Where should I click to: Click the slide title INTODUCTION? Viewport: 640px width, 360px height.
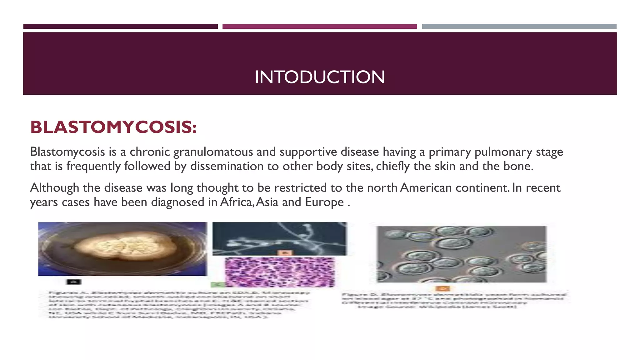pyautogui.click(x=320, y=77)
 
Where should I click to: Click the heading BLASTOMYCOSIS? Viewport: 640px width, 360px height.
pyautogui.click(x=113, y=127)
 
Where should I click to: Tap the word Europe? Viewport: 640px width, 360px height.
pyautogui.click(x=324, y=202)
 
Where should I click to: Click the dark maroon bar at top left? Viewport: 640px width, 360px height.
pyautogui.click(x=120, y=27)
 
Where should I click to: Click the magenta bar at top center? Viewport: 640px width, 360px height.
pyautogui.click(x=319, y=27)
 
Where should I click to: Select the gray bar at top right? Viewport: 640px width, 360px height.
pyautogui.click(x=519, y=27)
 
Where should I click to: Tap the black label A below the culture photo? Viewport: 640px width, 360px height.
pyautogui.click(x=74, y=282)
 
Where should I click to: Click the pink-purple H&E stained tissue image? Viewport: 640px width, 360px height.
pyautogui.click(x=280, y=272)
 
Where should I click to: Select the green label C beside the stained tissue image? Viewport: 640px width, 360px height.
pyautogui.click(x=217, y=285)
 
